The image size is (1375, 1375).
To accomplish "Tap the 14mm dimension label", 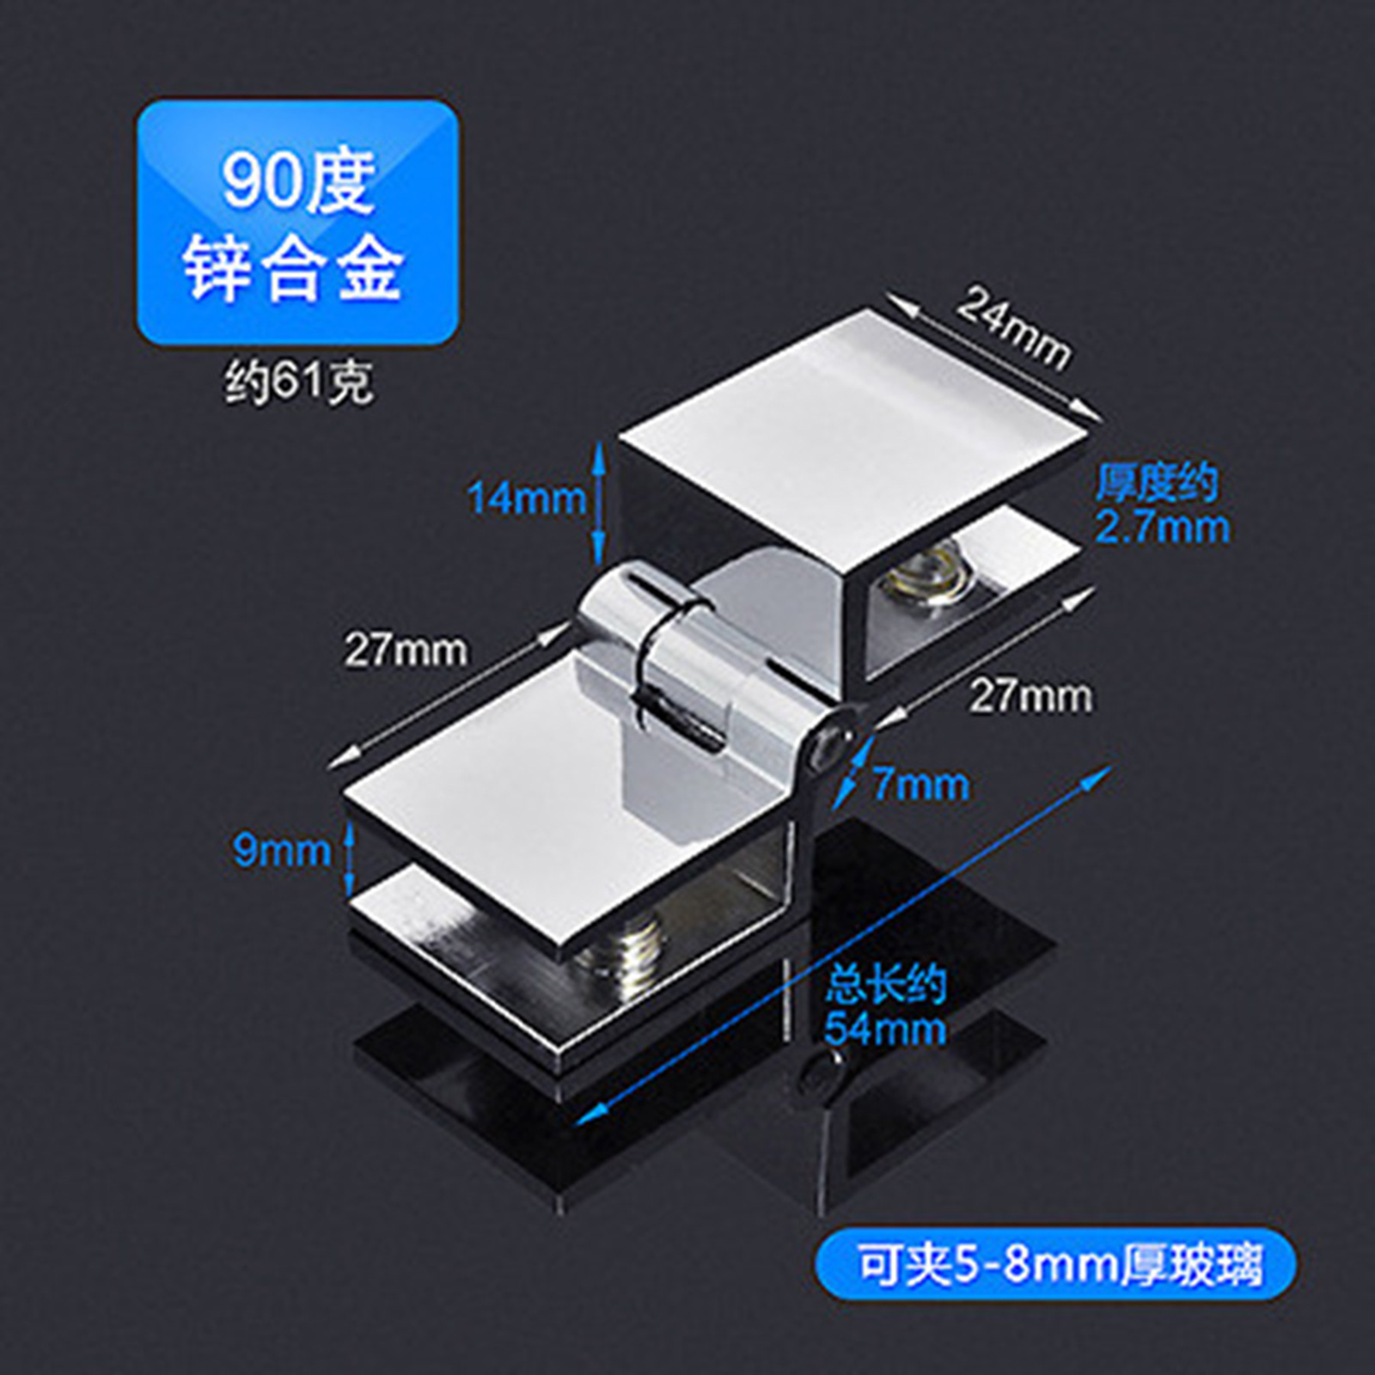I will coord(526,498).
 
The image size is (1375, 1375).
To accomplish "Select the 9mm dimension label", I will coord(282,851).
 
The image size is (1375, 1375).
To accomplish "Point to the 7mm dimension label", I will coord(920,785).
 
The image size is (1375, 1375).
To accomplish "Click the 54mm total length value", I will coord(885,1029).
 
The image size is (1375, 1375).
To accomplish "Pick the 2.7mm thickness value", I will coord(1162,527).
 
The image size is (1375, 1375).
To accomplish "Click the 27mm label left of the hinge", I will coord(406,650).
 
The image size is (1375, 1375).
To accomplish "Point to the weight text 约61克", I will coord(299,383).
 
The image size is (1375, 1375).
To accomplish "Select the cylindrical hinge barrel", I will coord(662,653).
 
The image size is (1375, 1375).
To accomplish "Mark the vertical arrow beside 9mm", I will coord(350,855).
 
